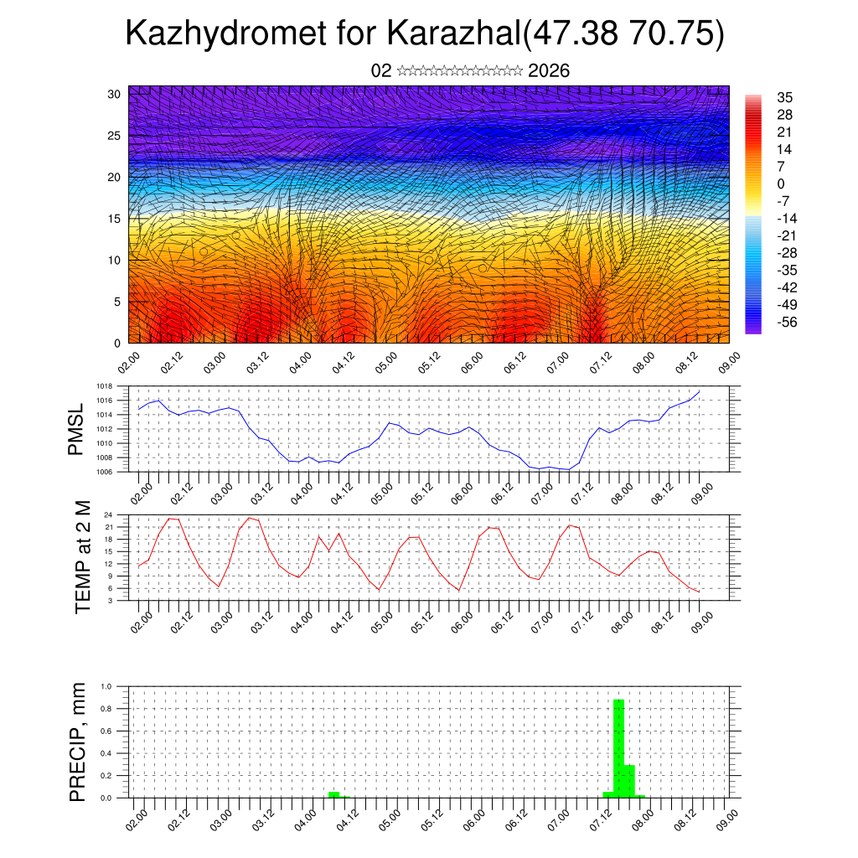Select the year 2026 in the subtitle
(549, 71)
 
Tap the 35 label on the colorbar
(785, 97)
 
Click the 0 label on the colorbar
(781, 183)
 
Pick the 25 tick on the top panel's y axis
(116, 135)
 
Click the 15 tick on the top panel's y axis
(116, 219)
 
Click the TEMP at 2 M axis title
(82, 556)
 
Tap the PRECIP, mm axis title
(78, 742)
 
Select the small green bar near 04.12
(333, 794)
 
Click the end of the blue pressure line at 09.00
(699, 391)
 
